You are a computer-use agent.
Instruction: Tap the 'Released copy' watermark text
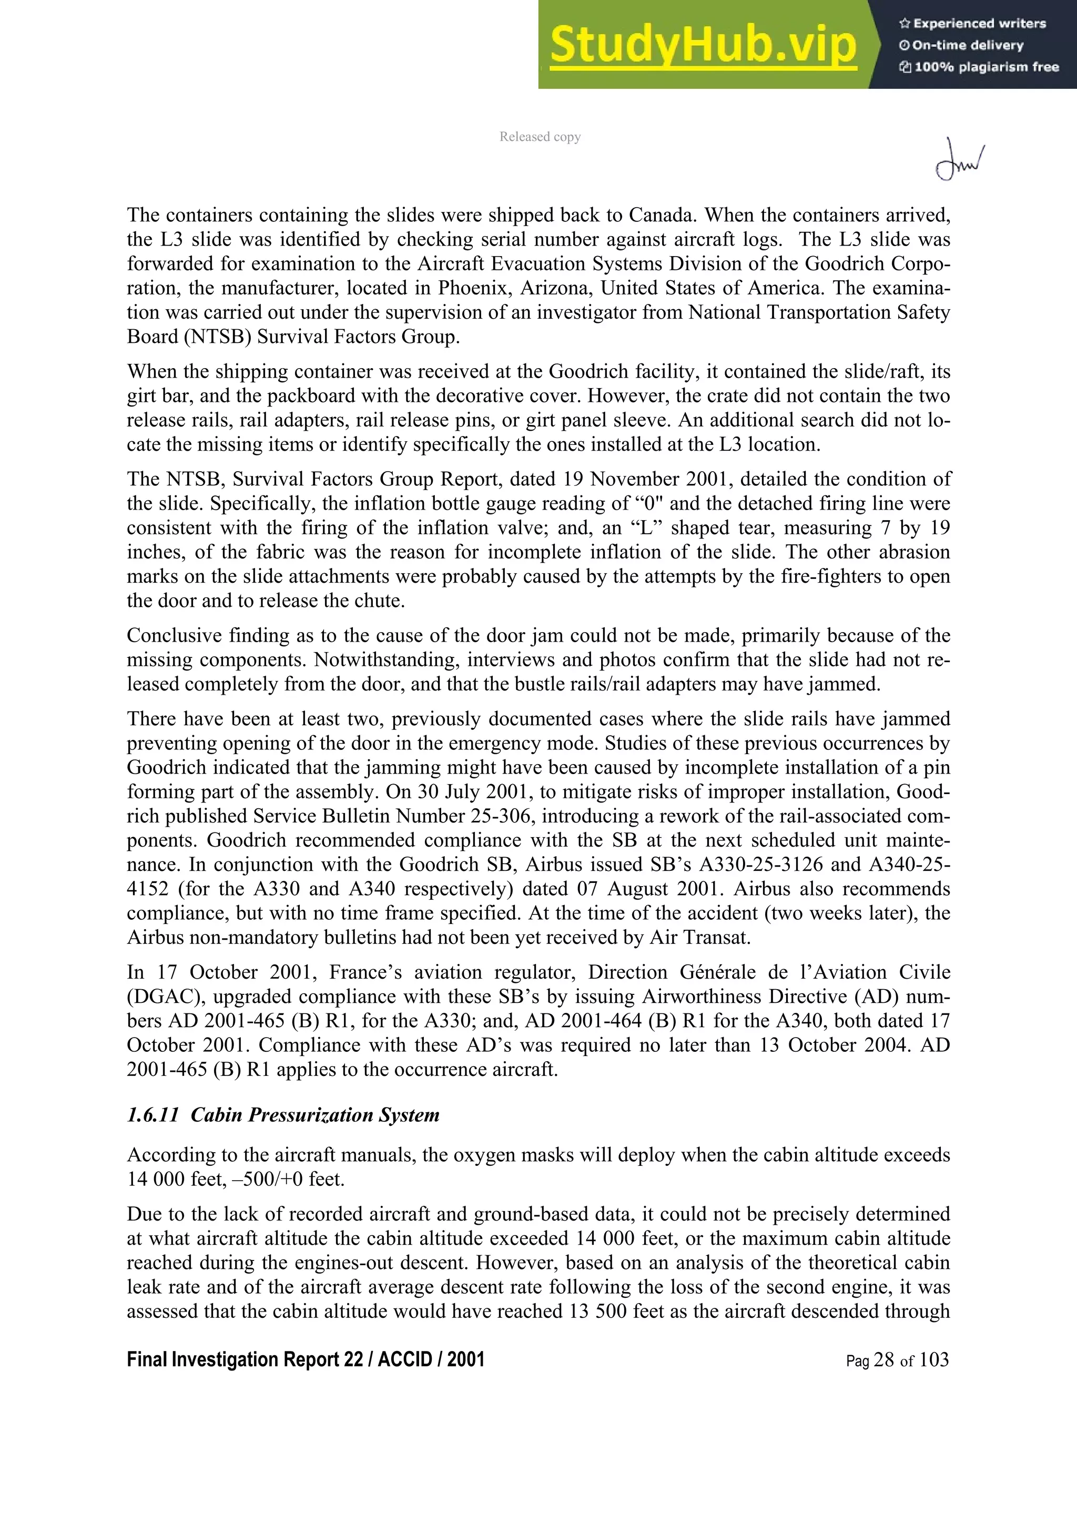click(540, 137)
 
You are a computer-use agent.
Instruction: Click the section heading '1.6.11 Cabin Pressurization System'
click(283, 1114)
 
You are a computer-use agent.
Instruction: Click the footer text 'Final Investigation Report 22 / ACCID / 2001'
click(305, 1359)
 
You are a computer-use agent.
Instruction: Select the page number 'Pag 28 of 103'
click(897, 1360)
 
